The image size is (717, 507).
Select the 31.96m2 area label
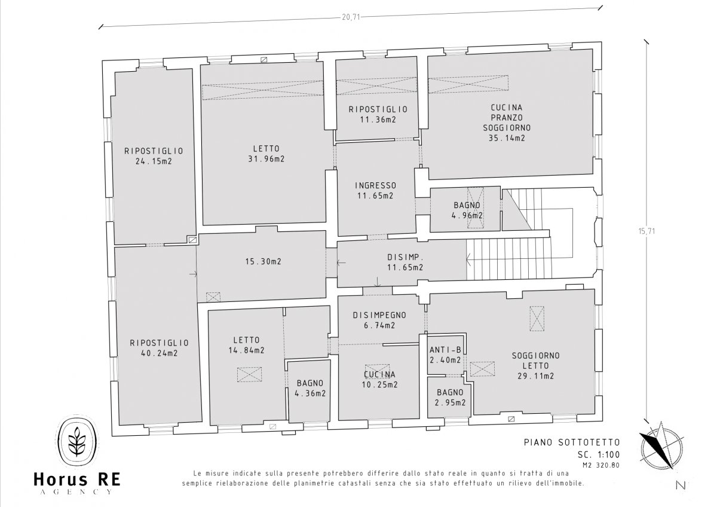(266, 159)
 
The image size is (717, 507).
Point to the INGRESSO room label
(375, 185)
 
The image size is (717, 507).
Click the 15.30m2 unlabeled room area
(263, 261)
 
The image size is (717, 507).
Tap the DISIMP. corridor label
(405, 257)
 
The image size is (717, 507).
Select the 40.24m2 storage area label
(159, 353)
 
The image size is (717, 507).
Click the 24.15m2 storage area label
(153, 161)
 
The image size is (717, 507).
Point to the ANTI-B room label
(445, 350)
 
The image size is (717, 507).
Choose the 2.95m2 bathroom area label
(451, 402)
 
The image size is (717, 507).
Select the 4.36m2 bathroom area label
(310, 393)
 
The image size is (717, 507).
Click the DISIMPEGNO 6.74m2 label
(379, 320)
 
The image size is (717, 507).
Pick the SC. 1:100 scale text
(581, 454)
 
